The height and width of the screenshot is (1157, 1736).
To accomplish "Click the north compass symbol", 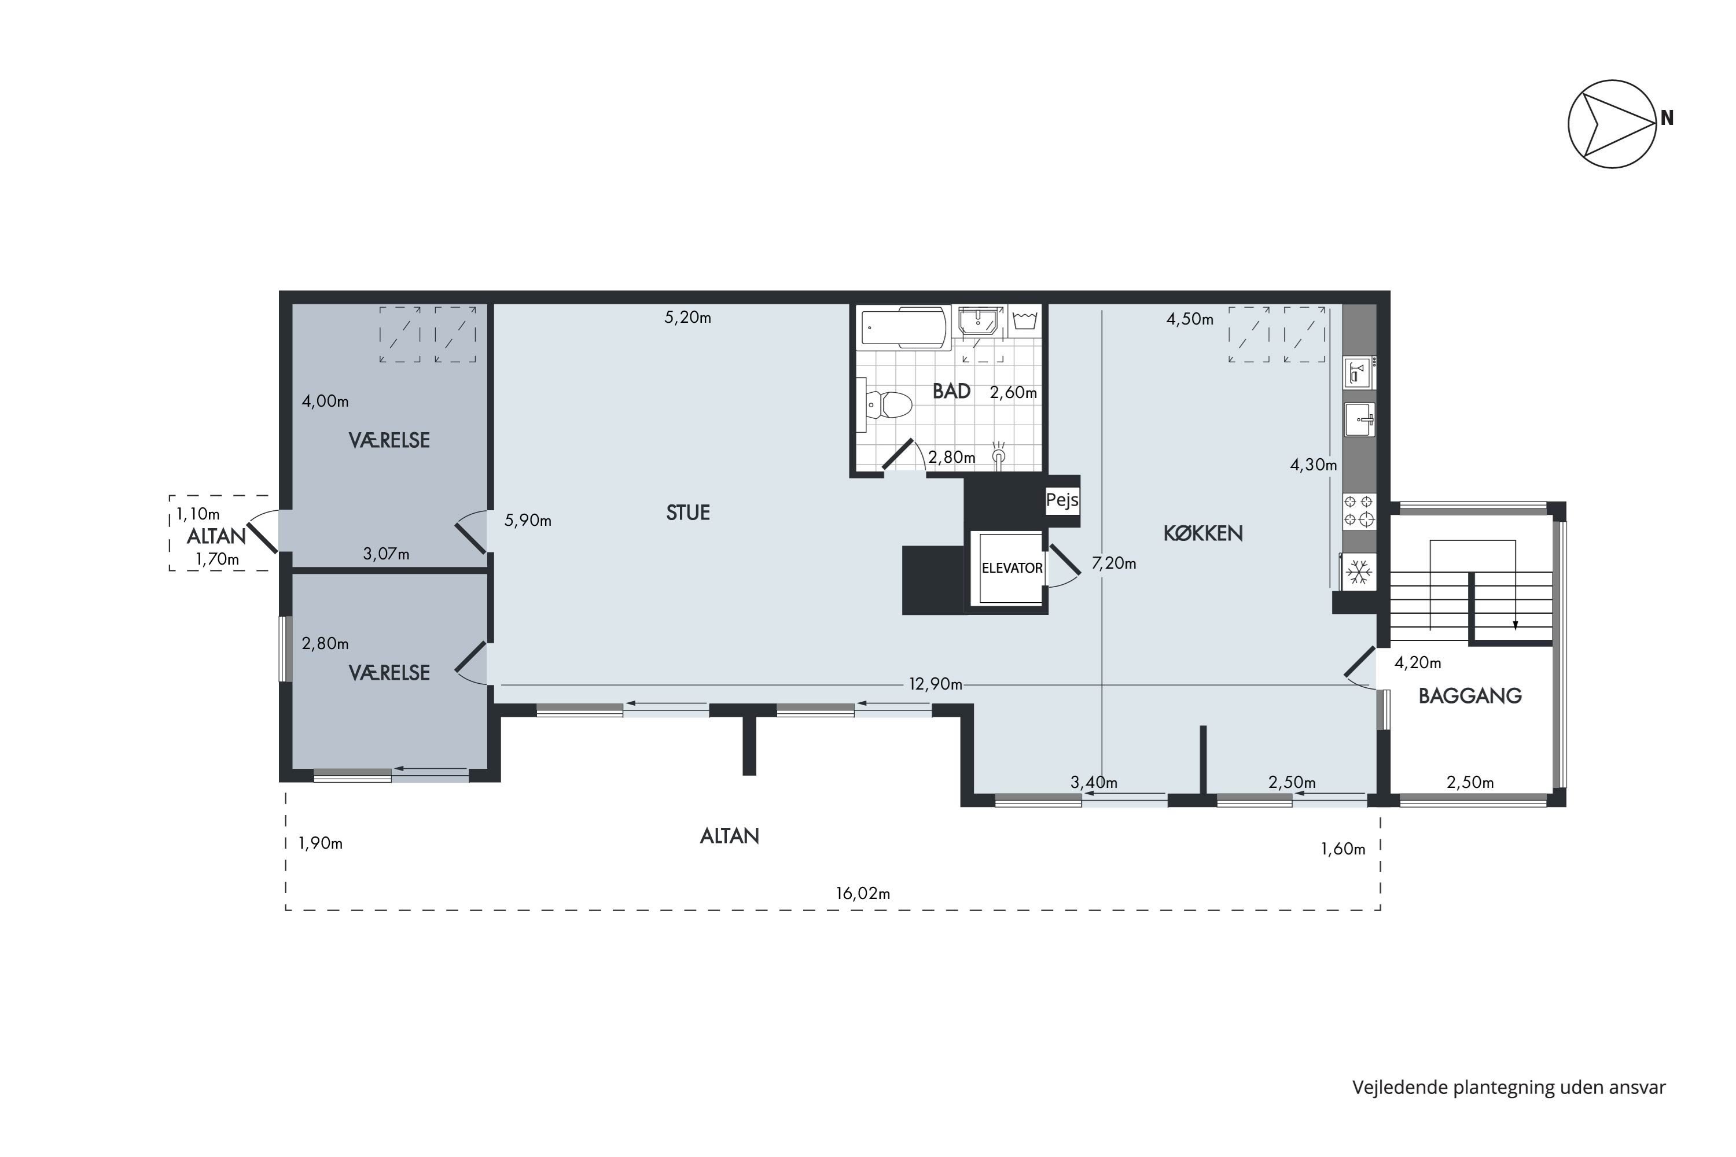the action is pos(1613,124).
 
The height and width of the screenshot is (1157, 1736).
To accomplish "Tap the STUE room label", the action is pos(688,513).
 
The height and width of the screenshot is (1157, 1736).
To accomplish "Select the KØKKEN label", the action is pos(1203,533).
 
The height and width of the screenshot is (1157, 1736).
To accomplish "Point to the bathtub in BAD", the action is pos(903,327).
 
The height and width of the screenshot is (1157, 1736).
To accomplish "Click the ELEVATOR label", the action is pos(1012,568).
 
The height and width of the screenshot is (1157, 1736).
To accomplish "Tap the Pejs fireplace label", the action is pos(1062,500).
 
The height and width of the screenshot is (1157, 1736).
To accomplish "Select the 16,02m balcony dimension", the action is pos(863,894).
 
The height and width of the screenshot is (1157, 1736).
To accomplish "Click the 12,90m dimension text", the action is pos(935,684).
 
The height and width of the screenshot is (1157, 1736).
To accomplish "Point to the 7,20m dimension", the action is pos(1114,563).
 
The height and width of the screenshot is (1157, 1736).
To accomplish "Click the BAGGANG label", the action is pos(1470,696).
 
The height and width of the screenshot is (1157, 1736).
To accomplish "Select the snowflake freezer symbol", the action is pos(1359,572).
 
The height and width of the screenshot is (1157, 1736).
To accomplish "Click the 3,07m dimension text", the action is pos(386,554).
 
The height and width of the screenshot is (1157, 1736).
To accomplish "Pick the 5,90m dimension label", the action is pos(528,520).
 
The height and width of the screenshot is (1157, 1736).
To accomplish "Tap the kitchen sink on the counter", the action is pos(1359,420).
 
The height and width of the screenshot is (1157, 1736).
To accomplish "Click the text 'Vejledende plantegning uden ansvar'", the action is pos(1509,1087).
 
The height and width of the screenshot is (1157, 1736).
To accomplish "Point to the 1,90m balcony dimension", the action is pos(321,843).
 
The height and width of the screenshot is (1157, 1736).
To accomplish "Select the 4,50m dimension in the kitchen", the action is pos(1190,319).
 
